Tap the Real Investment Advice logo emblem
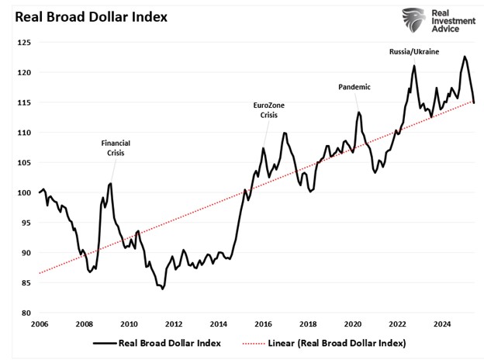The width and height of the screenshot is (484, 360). (415, 22)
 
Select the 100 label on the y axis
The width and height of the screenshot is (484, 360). (25, 192)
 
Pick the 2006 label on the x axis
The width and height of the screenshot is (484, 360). (40, 324)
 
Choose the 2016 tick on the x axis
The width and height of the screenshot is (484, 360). (264, 324)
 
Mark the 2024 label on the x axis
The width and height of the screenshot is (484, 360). (443, 324)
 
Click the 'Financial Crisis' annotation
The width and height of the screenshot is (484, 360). (116, 148)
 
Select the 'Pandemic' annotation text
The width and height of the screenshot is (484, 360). (354, 87)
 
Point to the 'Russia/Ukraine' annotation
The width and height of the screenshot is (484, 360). (415, 51)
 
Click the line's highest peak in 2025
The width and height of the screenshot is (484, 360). (465, 57)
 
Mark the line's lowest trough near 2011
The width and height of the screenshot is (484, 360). (163, 289)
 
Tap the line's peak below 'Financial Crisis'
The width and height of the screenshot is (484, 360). (110, 184)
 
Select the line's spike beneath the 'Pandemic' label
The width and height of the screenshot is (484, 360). (359, 112)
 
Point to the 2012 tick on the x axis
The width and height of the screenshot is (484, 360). (174, 324)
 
